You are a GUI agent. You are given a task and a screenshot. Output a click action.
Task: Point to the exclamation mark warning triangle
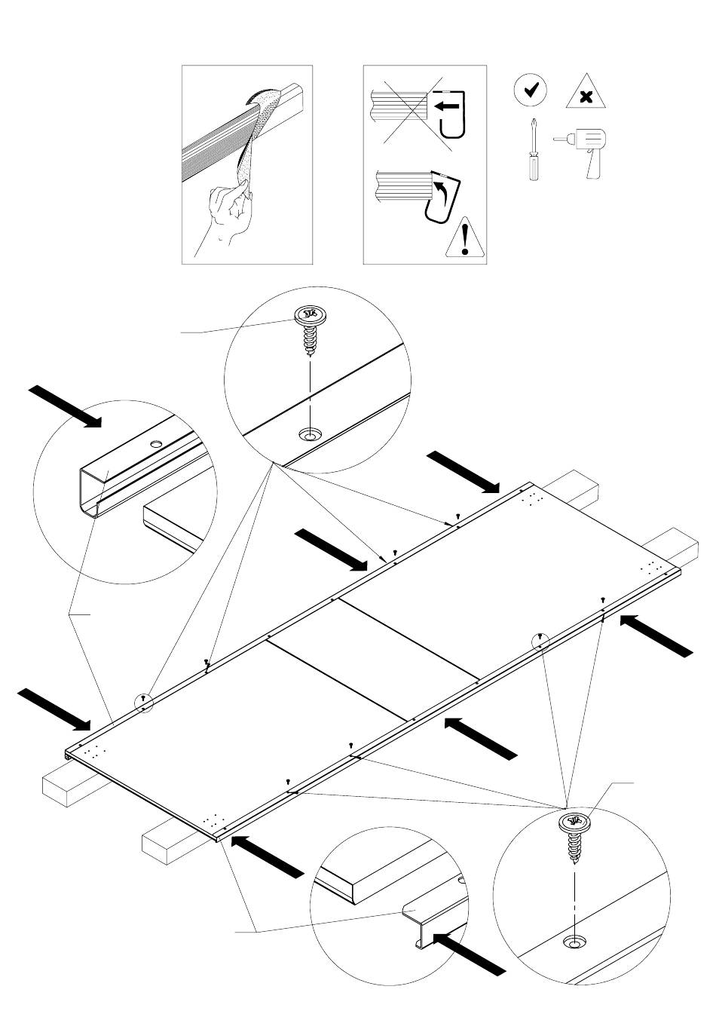pyautogui.click(x=465, y=238)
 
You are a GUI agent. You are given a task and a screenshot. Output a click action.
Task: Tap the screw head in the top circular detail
pyautogui.click(x=307, y=316)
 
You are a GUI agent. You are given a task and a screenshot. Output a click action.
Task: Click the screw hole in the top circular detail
pyautogui.click(x=308, y=434)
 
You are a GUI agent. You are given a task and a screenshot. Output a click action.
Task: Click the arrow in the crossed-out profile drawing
pyautogui.click(x=447, y=107)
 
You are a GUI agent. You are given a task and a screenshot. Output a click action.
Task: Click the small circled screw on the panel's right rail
pyautogui.click(x=540, y=642)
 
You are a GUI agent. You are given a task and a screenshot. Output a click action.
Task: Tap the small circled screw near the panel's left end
pyautogui.click(x=144, y=703)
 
